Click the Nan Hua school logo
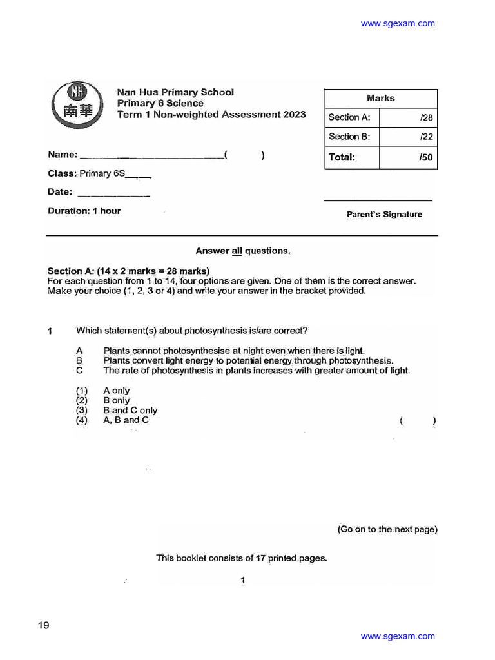click(75, 104)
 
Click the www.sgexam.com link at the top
click(398, 24)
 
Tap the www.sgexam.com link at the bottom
click(398, 636)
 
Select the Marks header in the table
click(380, 98)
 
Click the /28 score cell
click(408, 117)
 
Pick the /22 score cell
click(408, 137)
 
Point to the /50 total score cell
click(408, 157)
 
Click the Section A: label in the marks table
click(349, 117)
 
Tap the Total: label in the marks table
click(342, 157)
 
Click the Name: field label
click(63, 155)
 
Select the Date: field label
click(60, 192)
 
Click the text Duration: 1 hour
click(84, 211)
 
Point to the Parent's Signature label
click(384, 215)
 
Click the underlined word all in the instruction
click(237, 251)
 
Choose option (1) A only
click(102, 391)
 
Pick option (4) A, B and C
click(112, 420)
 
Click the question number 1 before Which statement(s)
click(50, 331)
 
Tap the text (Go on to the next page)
click(387, 529)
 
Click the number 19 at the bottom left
click(43, 625)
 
